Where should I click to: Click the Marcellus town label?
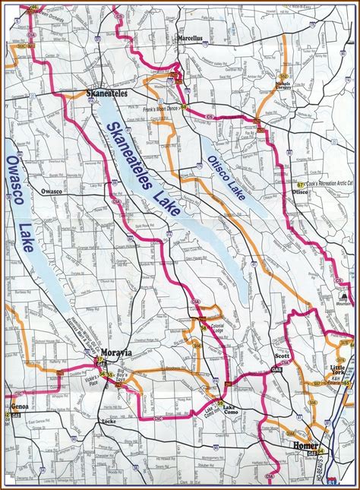[x=192, y=36]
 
